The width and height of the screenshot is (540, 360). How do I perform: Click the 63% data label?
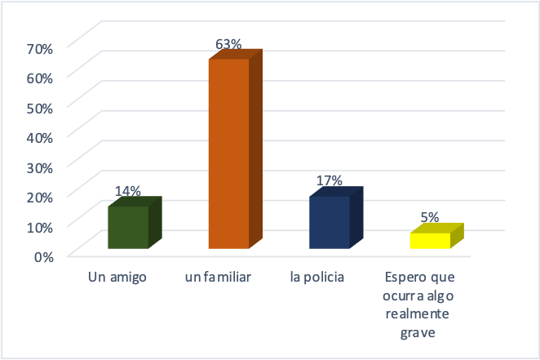click(229, 44)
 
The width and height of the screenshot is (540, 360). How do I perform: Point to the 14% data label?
click(128, 191)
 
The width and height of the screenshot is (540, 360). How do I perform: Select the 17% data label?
click(329, 181)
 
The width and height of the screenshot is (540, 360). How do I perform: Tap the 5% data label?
click(430, 217)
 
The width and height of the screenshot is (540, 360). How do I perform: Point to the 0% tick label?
click(43, 256)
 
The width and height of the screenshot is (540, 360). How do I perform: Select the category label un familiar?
click(218, 278)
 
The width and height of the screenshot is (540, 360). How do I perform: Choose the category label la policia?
click(317, 278)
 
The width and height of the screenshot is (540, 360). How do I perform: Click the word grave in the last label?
click(418, 332)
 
